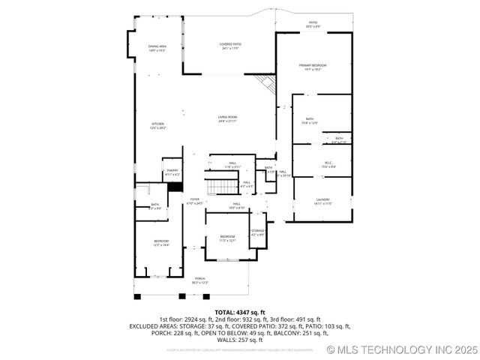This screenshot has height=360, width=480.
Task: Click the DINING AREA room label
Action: pyautogui.click(x=157, y=48)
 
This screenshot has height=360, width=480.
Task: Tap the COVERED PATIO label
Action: pyautogui.click(x=230, y=46)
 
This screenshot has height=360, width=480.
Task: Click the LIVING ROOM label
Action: pyautogui.click(x=228, y=118)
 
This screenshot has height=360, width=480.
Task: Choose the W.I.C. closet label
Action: pyautogui.click(x=328, y=163)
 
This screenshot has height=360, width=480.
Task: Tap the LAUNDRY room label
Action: pyautogui.click(x=322, y=201)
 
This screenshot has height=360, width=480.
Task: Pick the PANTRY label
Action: pyautogui.click(x=172, y=172)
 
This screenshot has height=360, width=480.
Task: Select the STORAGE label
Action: pyautogui.click(x=257, y=232)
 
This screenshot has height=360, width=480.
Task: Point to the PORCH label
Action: pyautogui.click(x=200, y=280)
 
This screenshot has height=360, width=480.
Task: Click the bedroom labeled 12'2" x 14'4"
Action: pyautogui.click(x=161, y=243)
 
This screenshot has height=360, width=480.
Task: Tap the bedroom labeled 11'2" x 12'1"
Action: pyautogui.click(x=227, y=238)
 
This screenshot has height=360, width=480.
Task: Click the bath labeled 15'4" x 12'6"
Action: pyautogui.click(x=310, y=121)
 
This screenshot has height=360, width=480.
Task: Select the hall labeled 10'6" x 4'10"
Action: pyautogui.click(x=236, y=205)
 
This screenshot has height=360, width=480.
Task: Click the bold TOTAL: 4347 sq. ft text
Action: pyautogui.click(x=239, y=312)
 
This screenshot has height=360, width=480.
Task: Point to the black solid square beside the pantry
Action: pyautogui.click(x=176, y=187)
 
